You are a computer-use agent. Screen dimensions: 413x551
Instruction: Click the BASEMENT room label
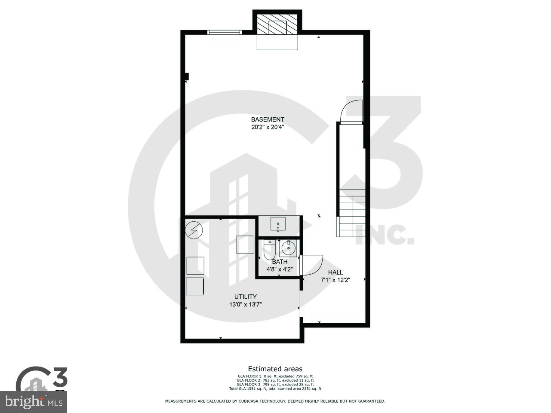click(x=268, y=119)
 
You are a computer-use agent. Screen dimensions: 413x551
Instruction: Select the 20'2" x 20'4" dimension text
click(x=268, y=127)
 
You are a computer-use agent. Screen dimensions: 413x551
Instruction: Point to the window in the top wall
click(x=225, y=32)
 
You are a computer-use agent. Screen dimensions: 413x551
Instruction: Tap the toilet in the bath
click(x=270, y=250)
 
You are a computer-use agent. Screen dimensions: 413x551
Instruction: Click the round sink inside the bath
click(x=288, y=248)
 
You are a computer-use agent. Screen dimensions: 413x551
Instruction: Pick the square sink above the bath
click(x=278, y=224)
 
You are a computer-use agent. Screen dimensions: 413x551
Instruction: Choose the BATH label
click(x=280, y=262)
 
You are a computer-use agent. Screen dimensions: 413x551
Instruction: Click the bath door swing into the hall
click(x=312, y=264)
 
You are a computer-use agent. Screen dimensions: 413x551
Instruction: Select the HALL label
click(x=336, y=272)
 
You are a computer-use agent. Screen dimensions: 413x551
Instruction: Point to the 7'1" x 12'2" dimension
click(x=336, y=280)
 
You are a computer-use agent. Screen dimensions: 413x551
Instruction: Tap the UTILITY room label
click(x=246, y=297)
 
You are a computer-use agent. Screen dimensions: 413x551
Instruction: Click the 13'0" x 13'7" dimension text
click(x=246, y=304)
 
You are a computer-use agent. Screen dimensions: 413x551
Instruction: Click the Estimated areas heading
click(x=275, y=369)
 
